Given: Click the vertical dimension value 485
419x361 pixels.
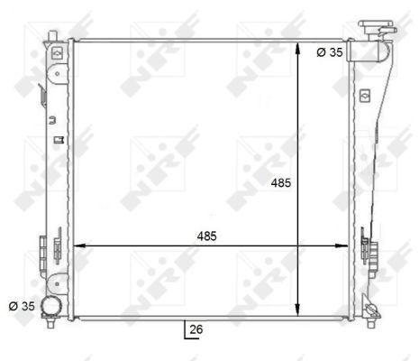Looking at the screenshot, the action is pyautogui.click(x=281, y=182).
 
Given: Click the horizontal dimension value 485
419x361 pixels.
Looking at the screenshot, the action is pyautogui.click(x=206, y=236).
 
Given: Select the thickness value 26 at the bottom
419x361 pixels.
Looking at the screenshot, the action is pyautogui.click(x=196, y=329).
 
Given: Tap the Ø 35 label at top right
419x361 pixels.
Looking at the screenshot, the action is pyautogui.click(x=330, y=52).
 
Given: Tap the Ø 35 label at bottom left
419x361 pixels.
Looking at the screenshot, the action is pyautogui.click(x=22, y=306).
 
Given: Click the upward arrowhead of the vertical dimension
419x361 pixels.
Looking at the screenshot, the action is pyautogui.click(x=297, y=49).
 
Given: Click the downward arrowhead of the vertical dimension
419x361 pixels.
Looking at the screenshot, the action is pyautogui.click(x=297, y=310).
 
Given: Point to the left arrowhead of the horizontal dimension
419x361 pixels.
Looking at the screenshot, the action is pyautogui.click(x=79, y=245).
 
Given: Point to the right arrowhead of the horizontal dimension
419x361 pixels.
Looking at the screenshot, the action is pyautogui.click(x=342, y=245).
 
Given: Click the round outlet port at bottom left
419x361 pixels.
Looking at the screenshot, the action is pyautogui.click(x=51, y=306).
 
